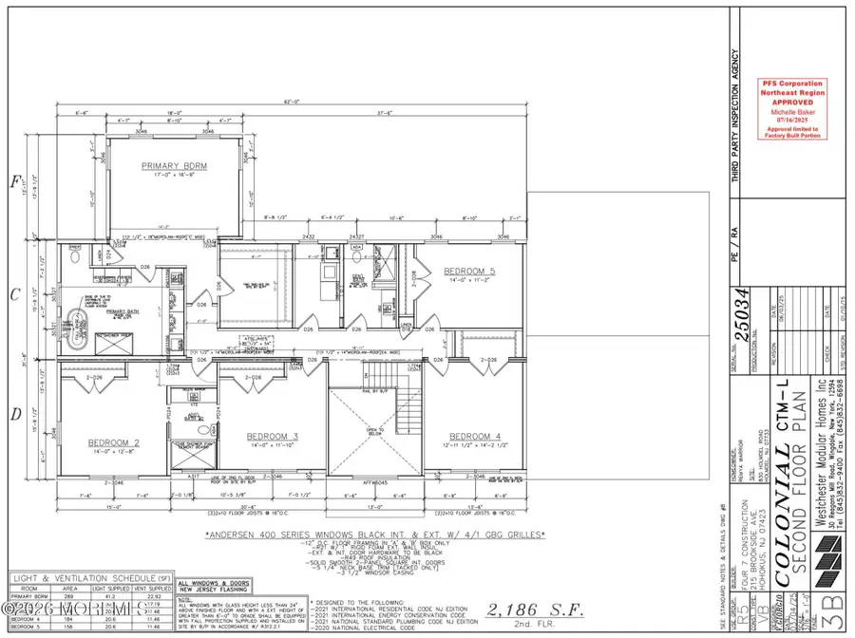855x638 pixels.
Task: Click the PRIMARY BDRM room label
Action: click(x=174, y=166)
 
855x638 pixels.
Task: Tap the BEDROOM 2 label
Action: click(x=115, y=442)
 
